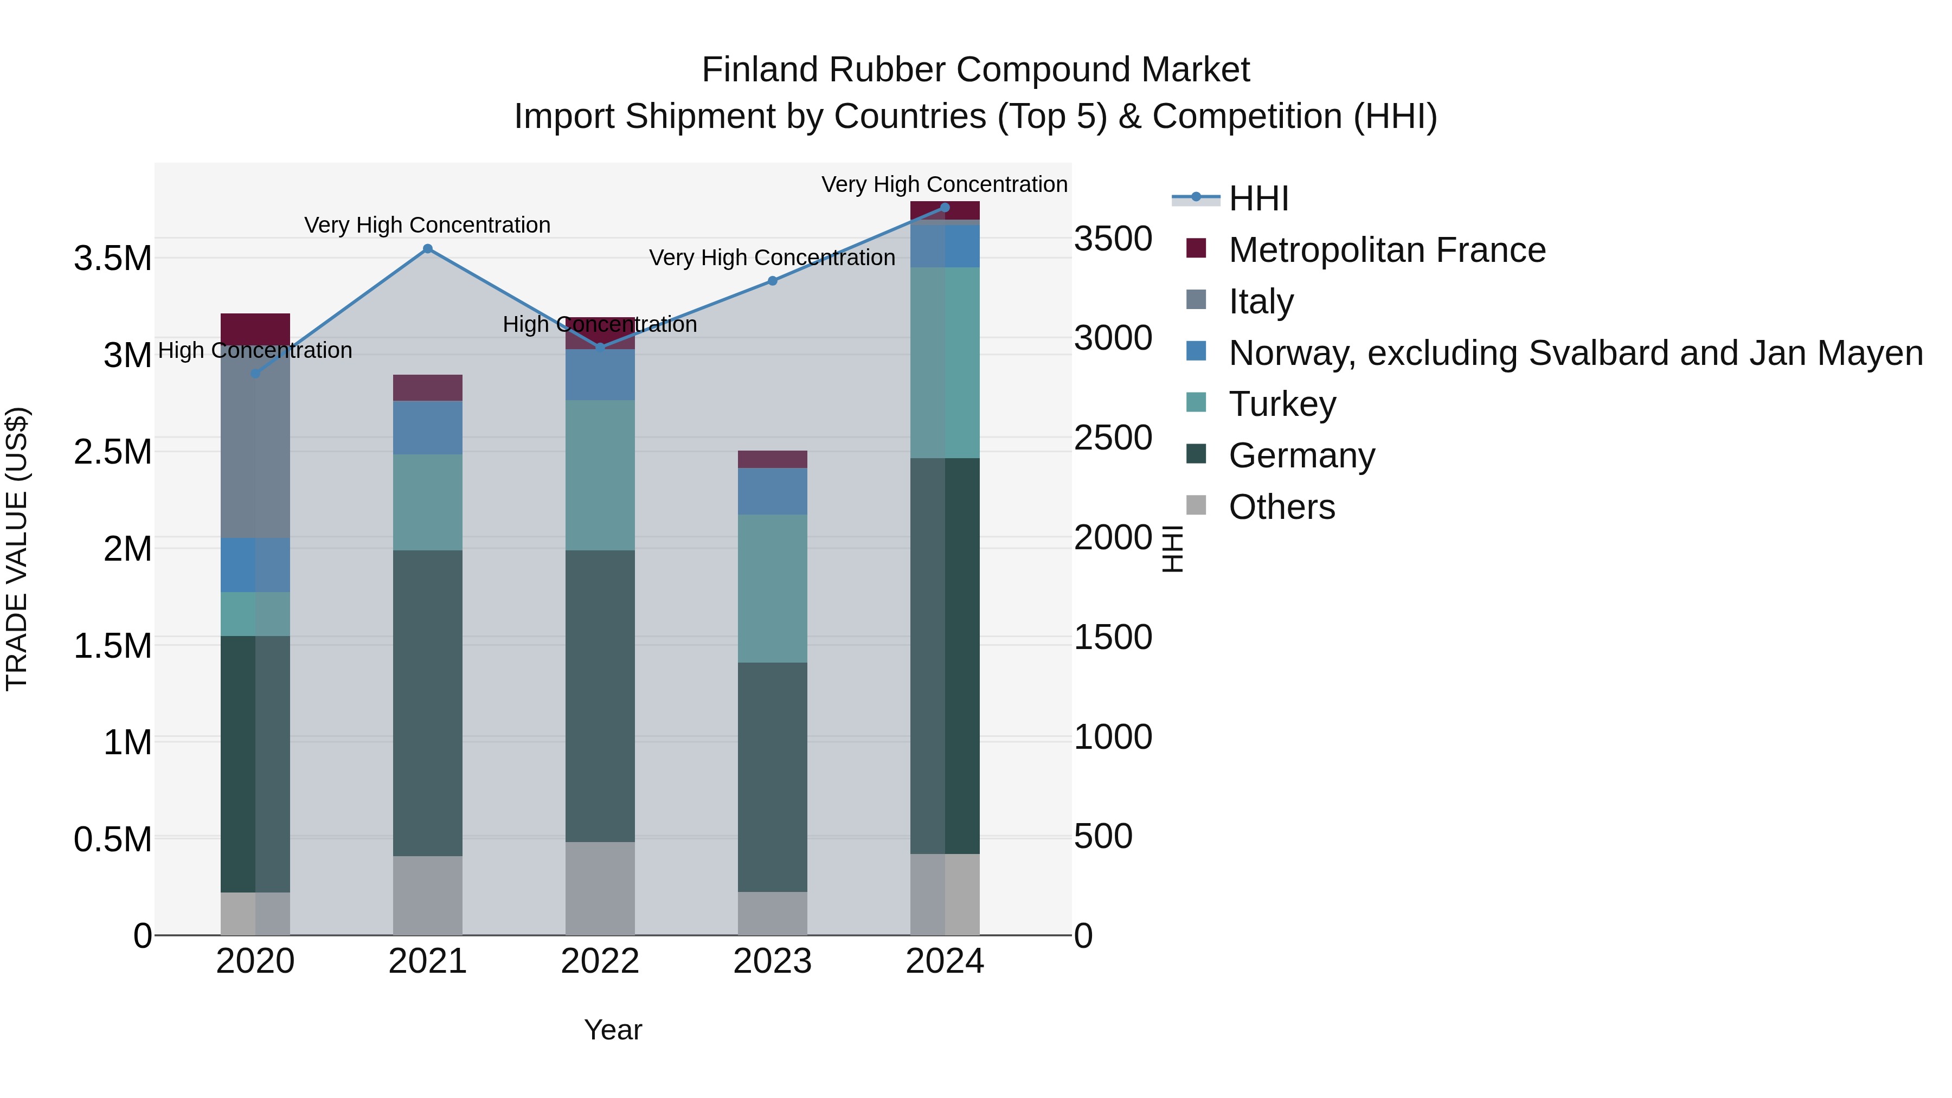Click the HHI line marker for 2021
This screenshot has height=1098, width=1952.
427,248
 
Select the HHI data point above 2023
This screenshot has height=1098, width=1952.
772,281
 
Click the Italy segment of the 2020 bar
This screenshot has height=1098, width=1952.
255,444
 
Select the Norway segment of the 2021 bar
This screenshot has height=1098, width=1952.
427,427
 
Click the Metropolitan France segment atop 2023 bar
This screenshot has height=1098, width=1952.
772,459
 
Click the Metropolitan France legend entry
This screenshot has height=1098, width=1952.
1386,250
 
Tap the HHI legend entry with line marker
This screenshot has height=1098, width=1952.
1258,198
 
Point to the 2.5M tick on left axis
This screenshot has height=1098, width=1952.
112,452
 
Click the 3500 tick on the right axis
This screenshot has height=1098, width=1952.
1113,239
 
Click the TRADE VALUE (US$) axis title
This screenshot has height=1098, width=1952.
17,549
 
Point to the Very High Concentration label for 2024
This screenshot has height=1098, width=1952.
944,184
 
